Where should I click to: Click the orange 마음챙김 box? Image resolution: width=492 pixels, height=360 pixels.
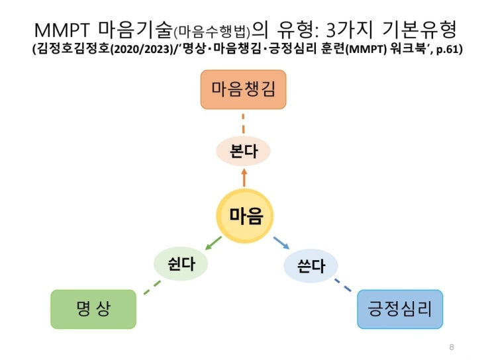pyautogui.click(x=244, y=91)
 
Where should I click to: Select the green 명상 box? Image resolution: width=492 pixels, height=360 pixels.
pyautogui.click(x=93, y=308)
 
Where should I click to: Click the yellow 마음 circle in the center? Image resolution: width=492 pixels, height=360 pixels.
pyautogui.click(x=246, y=216)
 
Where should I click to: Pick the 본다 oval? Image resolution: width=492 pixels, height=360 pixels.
pyautogui.click(x=243, y=150)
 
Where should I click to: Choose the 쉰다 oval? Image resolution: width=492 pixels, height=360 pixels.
pyautogui.click(x=180, y=265)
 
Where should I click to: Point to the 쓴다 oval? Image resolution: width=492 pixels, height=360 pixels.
pyautogui.click(x=311, y=267)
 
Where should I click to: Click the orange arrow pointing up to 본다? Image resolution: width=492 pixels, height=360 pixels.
pyautogui.click(x=244, y=177)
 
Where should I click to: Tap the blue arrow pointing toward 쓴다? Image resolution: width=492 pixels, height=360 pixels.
pyautogui.click(x=280, y=242)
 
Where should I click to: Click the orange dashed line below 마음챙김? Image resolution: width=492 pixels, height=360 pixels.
pyautogui.click(x=244, y=124)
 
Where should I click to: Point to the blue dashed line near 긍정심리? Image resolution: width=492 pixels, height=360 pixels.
pyautogui.click(x=343, y=287)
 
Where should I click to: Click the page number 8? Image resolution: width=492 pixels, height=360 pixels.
pyautogui.click(x=452, y=346)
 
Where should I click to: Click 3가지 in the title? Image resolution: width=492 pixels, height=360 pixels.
pyautogui.click(x=349, y=30)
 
